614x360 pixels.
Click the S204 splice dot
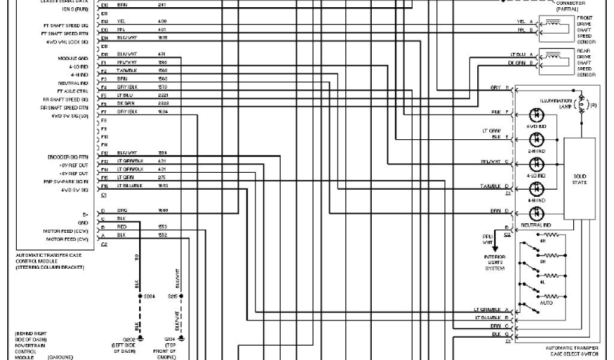pyautogui.click(x=139, y=296)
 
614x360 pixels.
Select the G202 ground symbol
pyautogui.click(x=139, y=338)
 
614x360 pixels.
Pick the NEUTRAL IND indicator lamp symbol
pyautogui.click(x=536, y=213)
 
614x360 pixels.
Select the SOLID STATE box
pyautogui.click(x=579, y=179)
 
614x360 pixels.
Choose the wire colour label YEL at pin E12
pyautogui.click(x=121, y=21)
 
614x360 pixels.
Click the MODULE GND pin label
pyautogui.click(x=73, y=58)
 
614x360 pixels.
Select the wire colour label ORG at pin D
pyautogui.click(x=122, y=211)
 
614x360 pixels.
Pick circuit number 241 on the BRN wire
pyautogui.click(x=162, y=4)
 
